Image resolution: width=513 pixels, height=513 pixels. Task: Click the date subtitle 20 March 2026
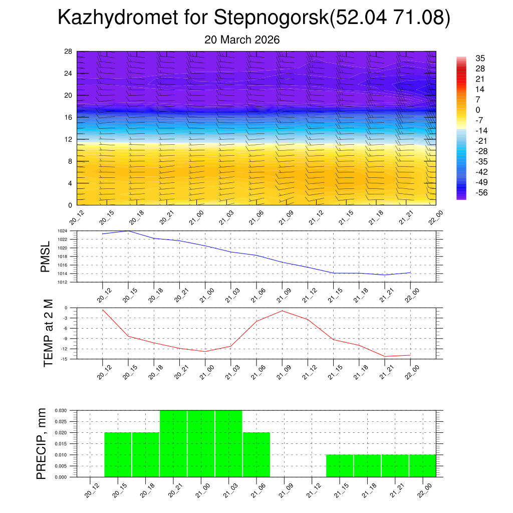click(242, 40)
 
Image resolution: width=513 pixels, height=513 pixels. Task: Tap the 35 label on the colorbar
click(480, 58)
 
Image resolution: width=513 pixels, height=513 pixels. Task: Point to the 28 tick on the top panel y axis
click(69, 52)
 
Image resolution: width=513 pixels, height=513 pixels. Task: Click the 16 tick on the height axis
click(69, 117)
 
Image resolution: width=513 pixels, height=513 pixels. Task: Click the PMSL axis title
click(46, 257)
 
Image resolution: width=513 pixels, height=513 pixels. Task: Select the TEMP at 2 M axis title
click(48, 333)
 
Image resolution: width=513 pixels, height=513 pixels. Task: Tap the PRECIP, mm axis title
click(42, 443)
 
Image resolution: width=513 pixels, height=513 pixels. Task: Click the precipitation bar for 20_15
click(118, 454)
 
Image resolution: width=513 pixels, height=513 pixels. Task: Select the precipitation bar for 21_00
click(201, 443)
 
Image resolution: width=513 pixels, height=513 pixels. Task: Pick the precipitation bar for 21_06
click(256, 454)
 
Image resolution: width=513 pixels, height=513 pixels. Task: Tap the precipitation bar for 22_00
click(422, 466)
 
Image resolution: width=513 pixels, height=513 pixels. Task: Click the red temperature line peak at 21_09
click(282, 311)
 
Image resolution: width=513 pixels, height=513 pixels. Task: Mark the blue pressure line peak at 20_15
click(128, 231)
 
